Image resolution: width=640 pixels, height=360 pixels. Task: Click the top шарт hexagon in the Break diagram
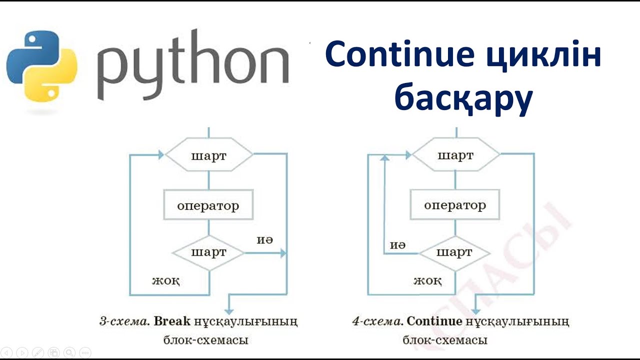[208, 155]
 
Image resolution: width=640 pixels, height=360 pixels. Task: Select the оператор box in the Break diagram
[208, 205]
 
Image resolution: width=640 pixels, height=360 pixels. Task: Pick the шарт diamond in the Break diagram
[208, 252]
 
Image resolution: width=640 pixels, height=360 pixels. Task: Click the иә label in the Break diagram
[264, 240]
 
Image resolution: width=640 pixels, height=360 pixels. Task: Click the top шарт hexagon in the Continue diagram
[455, 155]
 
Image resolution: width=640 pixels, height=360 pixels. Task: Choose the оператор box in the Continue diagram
[455, 205]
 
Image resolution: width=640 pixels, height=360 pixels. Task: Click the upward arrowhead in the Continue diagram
[384, 158]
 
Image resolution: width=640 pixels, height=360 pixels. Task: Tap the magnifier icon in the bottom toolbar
[69, 352]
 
